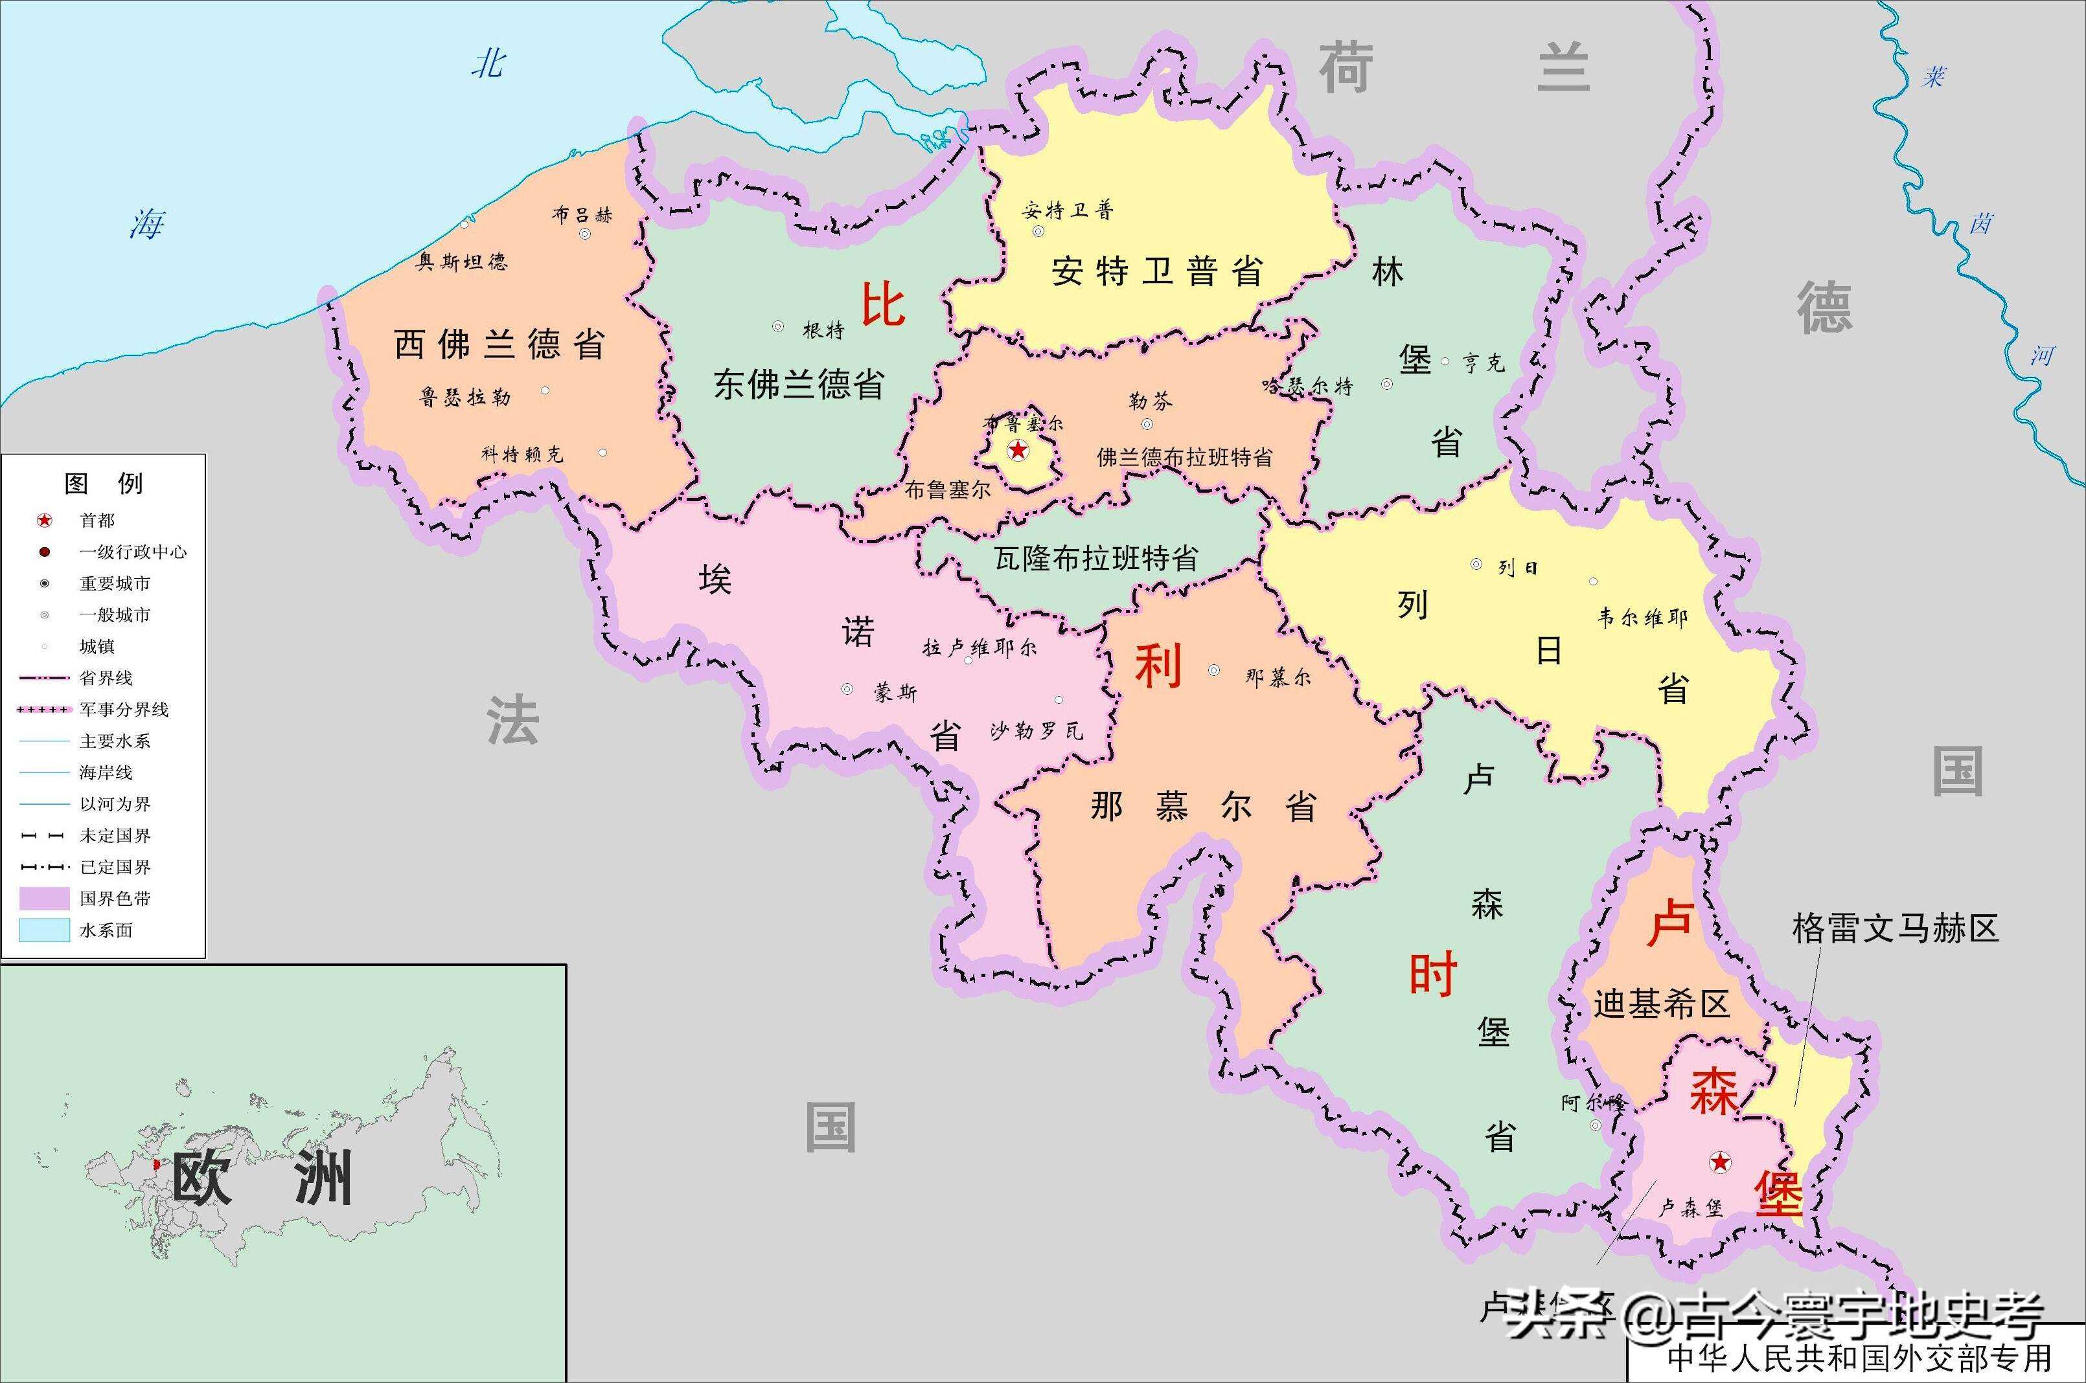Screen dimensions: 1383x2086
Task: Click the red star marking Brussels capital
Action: point(1018,451)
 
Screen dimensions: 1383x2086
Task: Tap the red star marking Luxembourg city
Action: point(1720,1162)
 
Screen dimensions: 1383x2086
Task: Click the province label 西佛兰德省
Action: point(499,344)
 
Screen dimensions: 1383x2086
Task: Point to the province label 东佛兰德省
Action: point(799,384)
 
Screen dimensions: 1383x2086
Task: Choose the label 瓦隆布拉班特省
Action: point(1096,557)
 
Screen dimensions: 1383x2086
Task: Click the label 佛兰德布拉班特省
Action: point(1184,457)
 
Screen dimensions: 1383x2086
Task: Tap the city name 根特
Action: point(823,330)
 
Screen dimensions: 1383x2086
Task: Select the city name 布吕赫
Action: point(582,214)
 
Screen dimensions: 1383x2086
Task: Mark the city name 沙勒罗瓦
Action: point(1036,730)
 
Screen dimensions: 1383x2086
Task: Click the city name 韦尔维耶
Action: point(1642,618)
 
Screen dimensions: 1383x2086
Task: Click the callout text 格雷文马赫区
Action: point(1894,928)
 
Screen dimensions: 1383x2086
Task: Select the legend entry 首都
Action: point(97,521)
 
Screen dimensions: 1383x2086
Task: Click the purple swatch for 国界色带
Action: point(44,899)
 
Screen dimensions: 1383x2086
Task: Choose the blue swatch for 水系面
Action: point(44,930)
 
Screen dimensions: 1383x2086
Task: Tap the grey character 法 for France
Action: point(512,719)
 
